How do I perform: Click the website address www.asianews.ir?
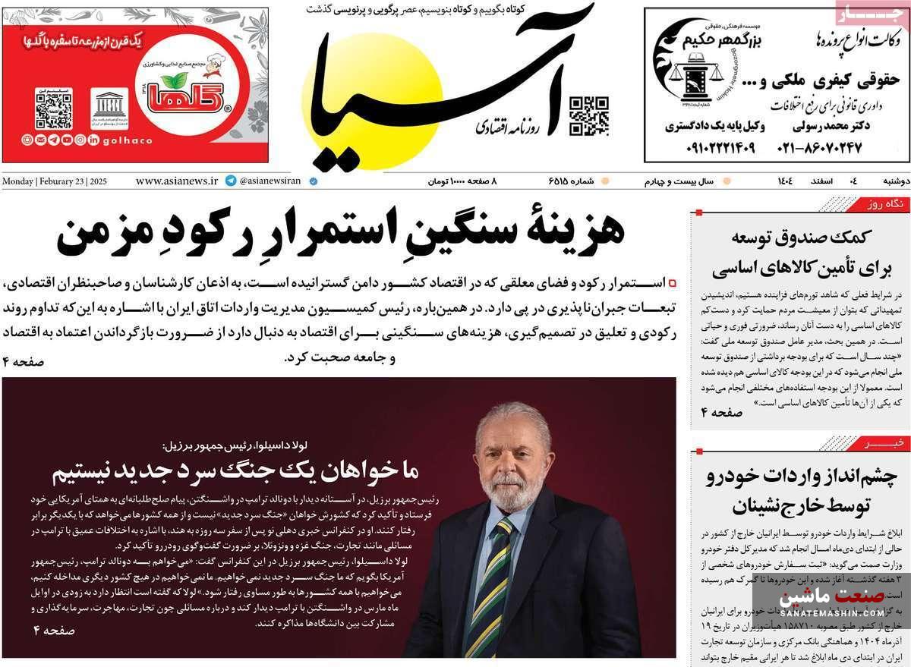(x=177, y=181)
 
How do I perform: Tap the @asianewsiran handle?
(x=270, y=181)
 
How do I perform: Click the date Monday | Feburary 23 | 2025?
(x=55, y=181)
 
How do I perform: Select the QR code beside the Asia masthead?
(x=589, y=116)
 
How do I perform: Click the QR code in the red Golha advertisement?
(x=53, y=110)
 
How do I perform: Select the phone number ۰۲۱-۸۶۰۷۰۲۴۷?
(x=819, y=147)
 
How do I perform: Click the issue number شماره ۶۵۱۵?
(x=569, y=181)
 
